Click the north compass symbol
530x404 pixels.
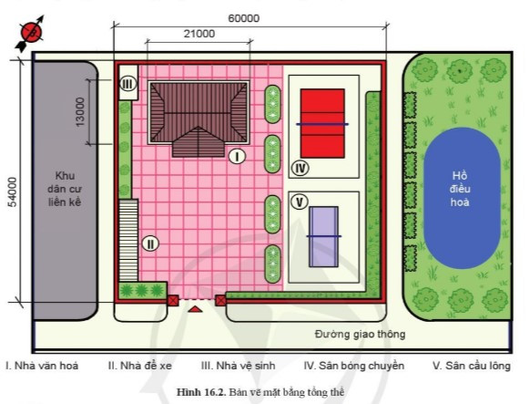(32, 31)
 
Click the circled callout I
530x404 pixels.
(236, 156)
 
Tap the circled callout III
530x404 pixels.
(128, 84)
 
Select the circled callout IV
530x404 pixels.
(301, 168)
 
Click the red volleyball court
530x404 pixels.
(322, 123)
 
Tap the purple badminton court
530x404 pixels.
(323, 236)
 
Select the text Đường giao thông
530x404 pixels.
(360, 334)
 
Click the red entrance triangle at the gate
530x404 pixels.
(194, 312)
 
